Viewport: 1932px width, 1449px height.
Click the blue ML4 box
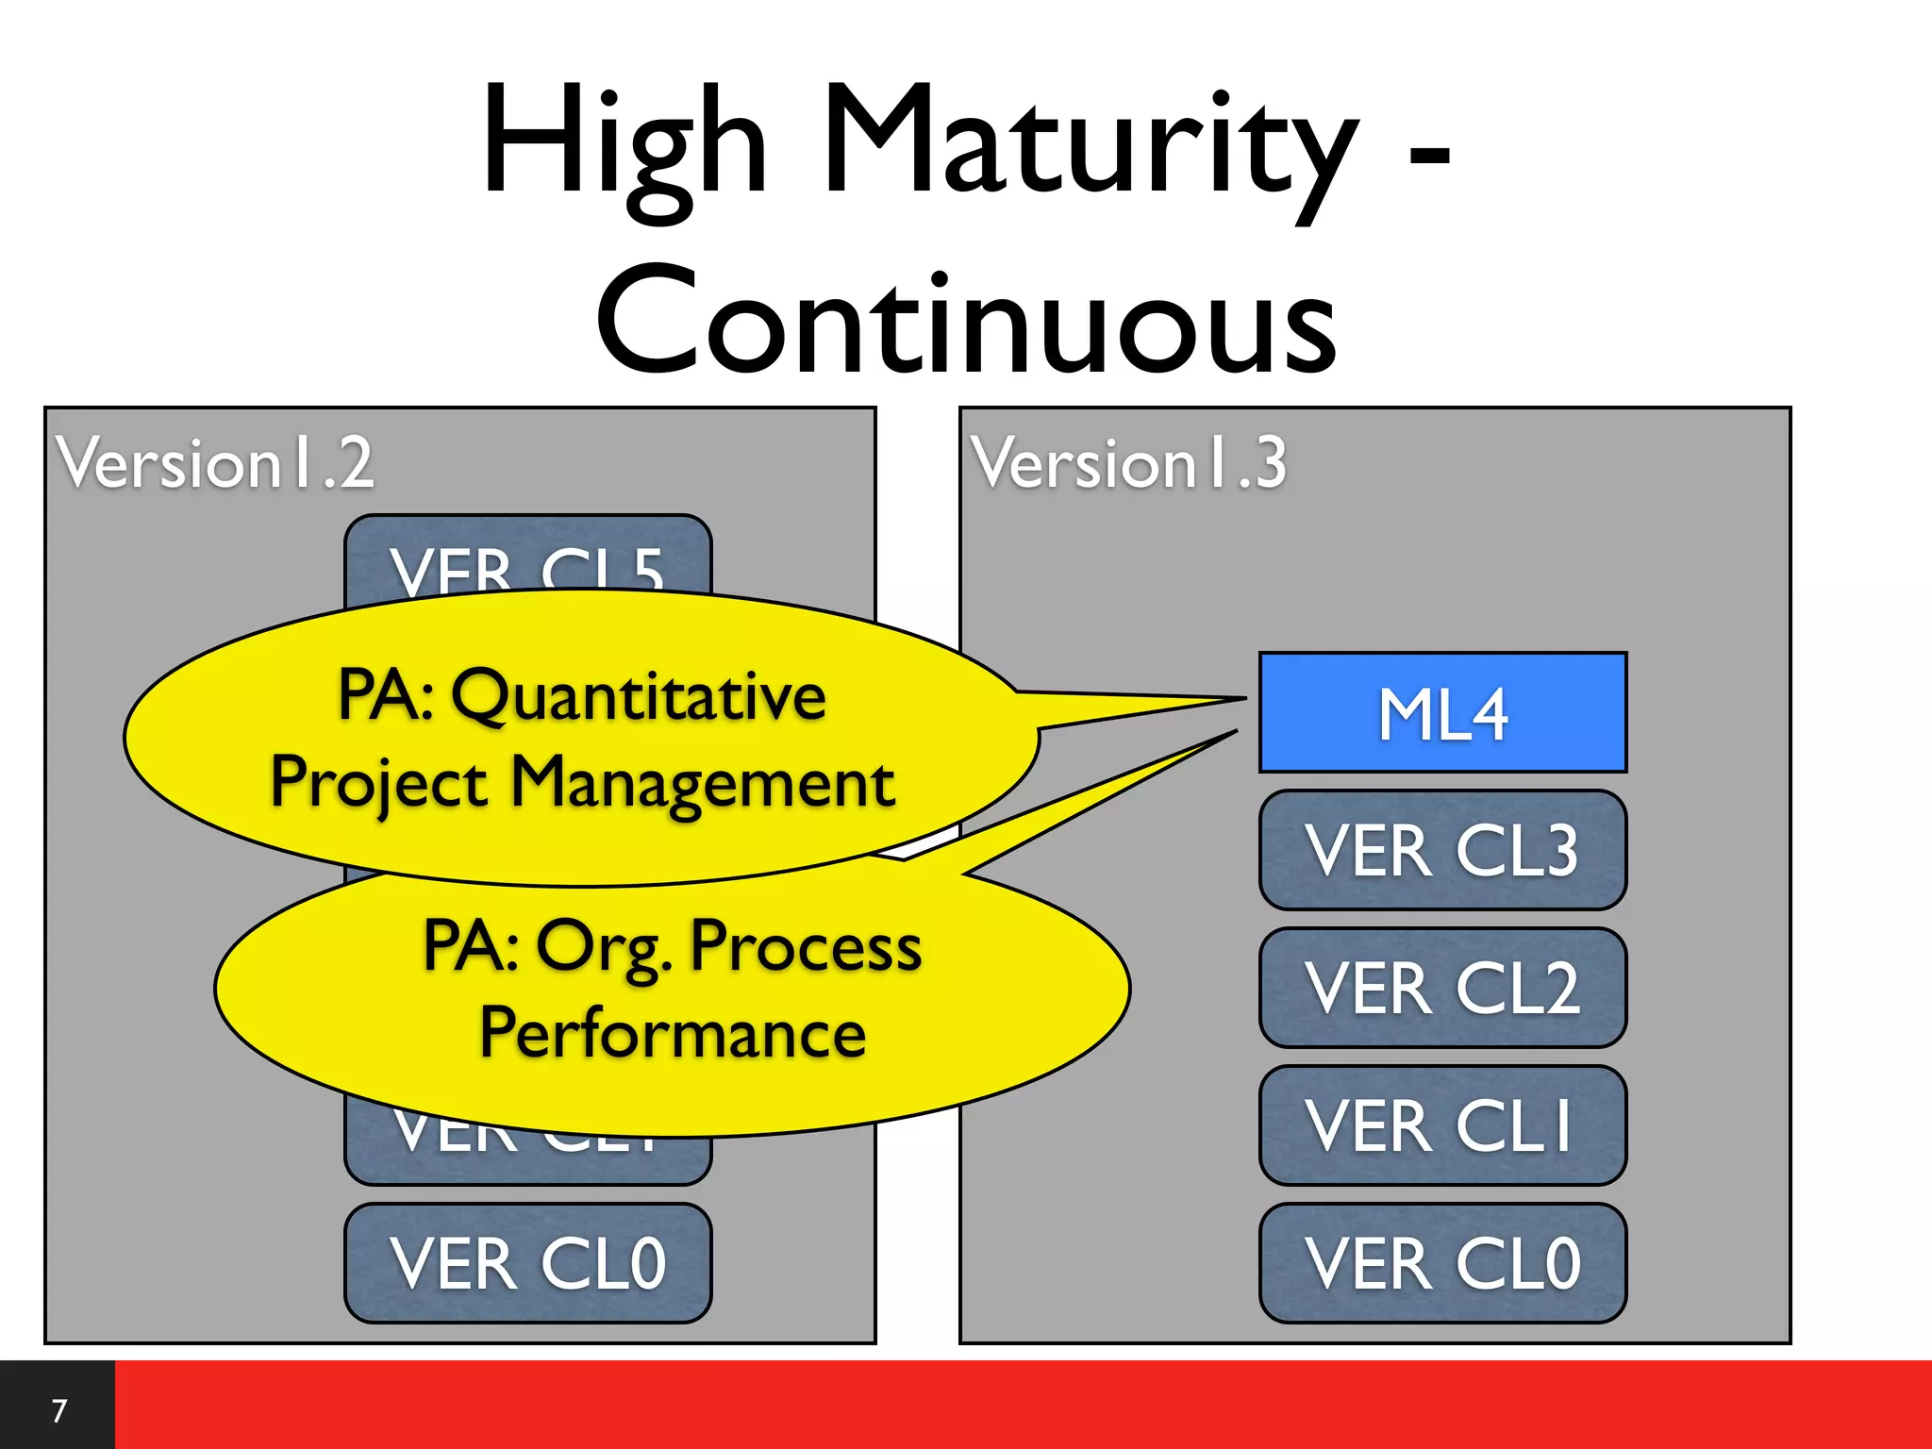[x=1442, y=712]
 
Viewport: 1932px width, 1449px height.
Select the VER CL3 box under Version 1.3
[x=1442, y=850]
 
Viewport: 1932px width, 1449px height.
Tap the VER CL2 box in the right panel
[x=1442, y=988]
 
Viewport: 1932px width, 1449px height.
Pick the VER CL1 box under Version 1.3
[x=1442, y=1125]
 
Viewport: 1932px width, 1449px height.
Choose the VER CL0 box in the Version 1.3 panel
[x=1442, y=1263]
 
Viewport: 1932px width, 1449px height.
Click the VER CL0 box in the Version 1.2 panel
[x=527, y=1263]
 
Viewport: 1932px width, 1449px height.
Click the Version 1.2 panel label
[x=215, y=463]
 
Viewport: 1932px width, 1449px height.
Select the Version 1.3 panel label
[x=1129, y=463]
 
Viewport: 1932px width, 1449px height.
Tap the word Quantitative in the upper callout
[x=639, y=696]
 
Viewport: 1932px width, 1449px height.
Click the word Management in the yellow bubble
[x=703, y=783]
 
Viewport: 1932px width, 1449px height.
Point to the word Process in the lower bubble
[x=806, y=946]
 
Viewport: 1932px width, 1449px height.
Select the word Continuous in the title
[x=966, y=321]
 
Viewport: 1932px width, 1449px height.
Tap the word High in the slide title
[x=624, y=142]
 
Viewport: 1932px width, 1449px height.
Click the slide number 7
[x=58, y=1410]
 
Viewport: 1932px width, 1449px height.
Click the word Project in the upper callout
[x=378, y=783]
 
